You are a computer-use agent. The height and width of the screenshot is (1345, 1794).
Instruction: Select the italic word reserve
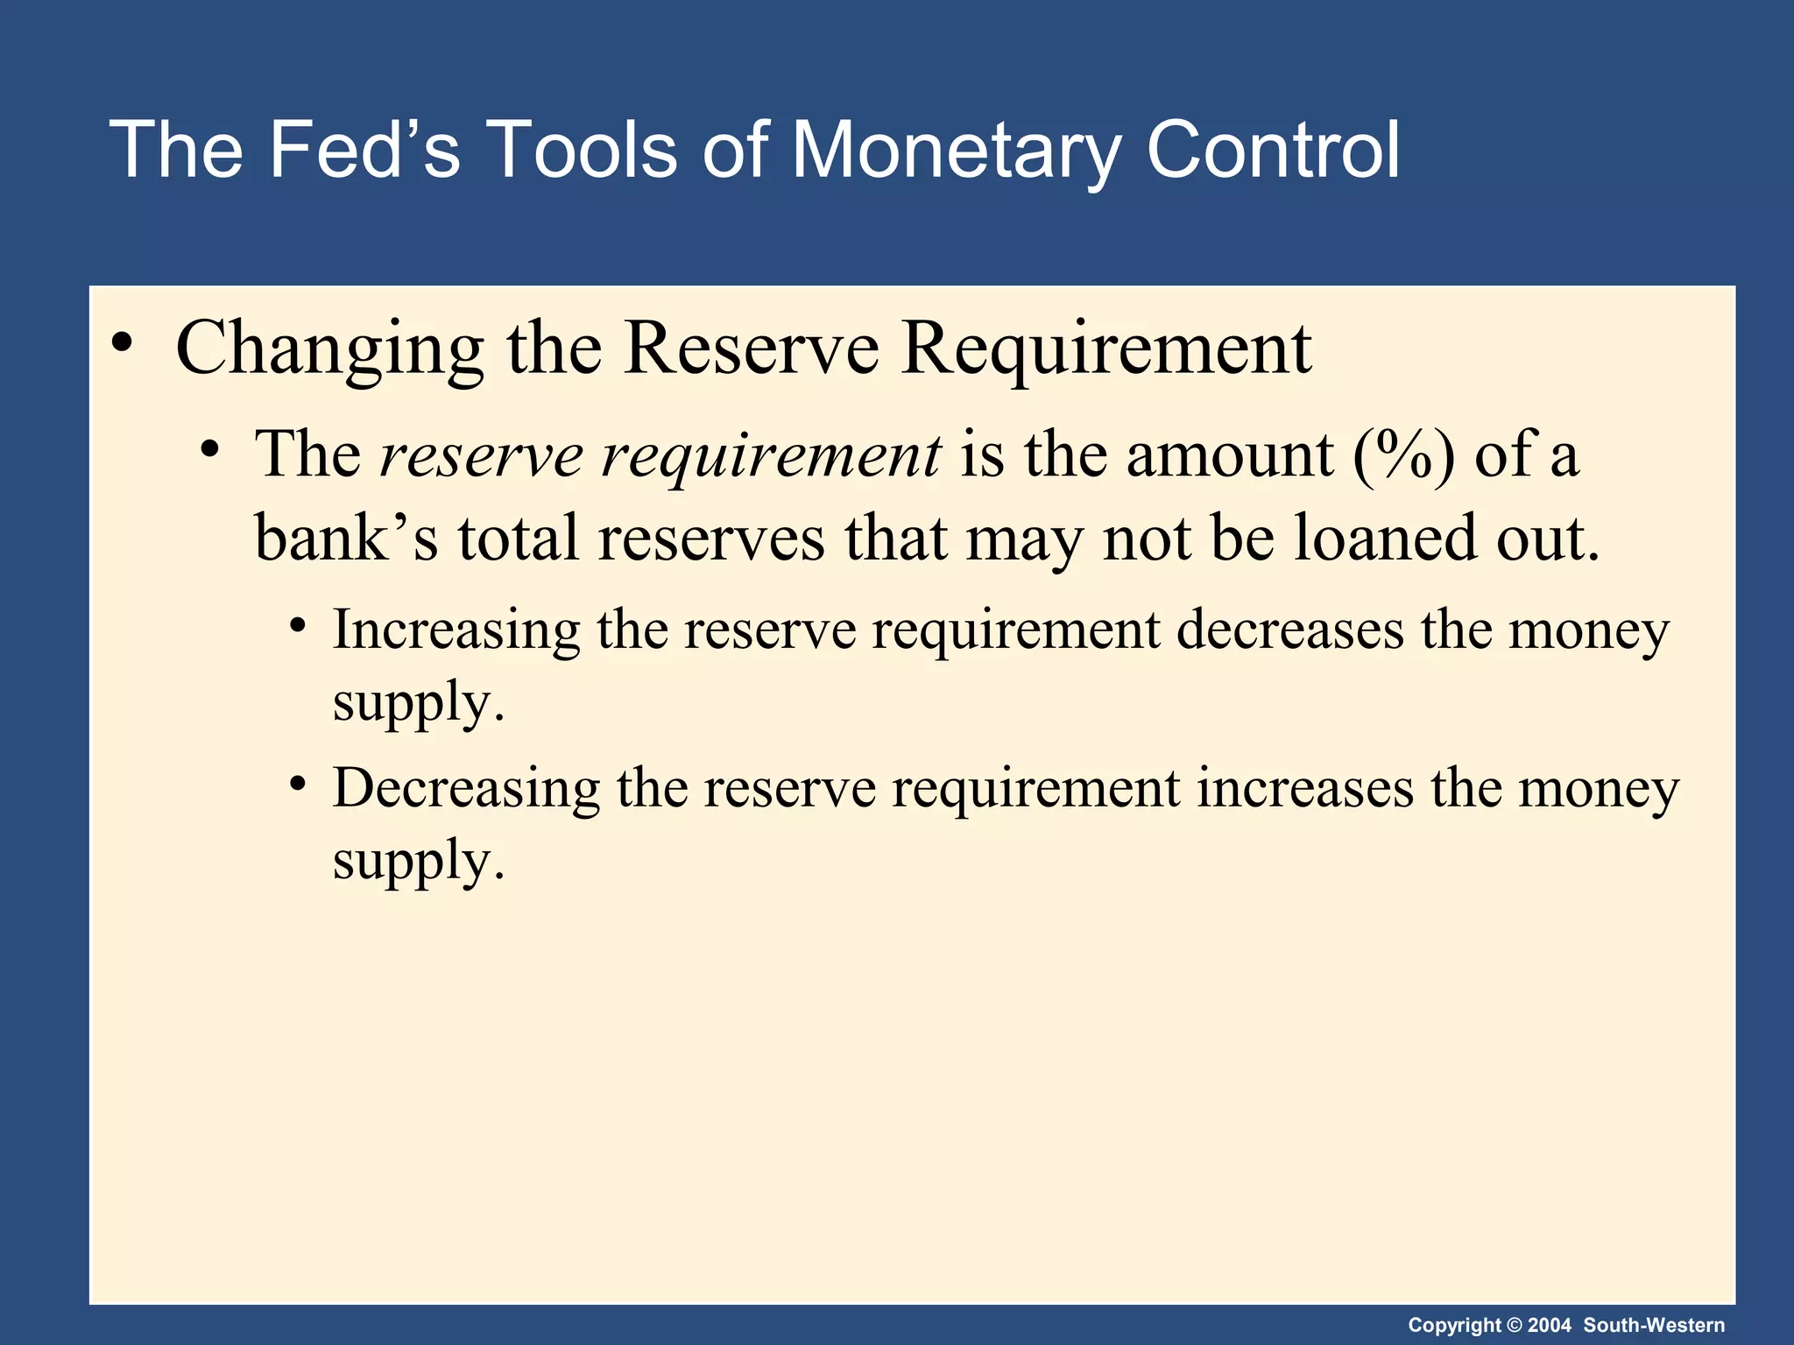(481, 455)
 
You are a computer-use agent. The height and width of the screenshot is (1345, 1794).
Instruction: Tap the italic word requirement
(771, 457)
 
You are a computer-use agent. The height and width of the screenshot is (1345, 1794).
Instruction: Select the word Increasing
(456, 630)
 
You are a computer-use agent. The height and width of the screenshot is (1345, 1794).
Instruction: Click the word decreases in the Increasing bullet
(1289, 630)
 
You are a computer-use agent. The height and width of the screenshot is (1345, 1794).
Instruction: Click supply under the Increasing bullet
(417, 704)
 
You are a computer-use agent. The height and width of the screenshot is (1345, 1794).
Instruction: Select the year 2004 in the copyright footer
(1549, 1325)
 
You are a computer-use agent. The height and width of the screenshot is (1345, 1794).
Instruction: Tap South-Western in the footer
(1654, 1325)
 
